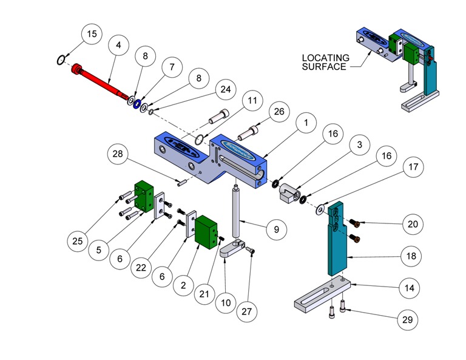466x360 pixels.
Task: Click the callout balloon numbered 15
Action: click(91, 35)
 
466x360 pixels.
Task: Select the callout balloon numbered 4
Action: click(118, 45)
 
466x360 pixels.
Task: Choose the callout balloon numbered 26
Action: click(279, 112)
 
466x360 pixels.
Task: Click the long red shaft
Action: click(103, 83)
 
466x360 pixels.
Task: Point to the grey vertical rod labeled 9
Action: click(237, 209)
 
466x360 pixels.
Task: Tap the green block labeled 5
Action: click(144, 195)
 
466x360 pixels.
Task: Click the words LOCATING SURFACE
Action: click(325, 62)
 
